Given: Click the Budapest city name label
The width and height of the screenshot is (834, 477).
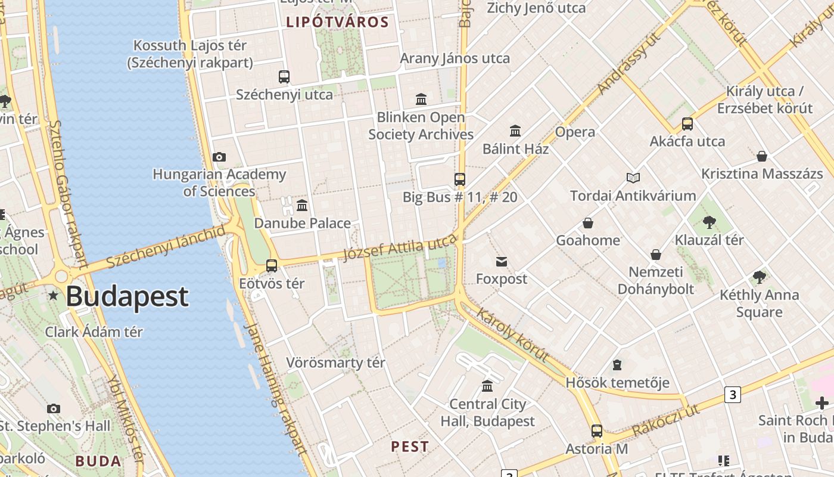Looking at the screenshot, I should pyautogui.click(x=127, y=296).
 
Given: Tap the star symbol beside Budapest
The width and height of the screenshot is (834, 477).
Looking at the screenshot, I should pyautogui.click(x=54, y=295).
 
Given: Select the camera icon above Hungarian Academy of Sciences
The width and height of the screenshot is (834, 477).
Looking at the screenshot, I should pyautogui.click(x=219, y=157).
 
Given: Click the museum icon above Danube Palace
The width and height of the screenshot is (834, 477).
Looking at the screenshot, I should pyautogui.click(x=302, y=206).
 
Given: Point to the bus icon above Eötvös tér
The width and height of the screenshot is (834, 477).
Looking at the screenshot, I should pyautogui.click(x=272, y=266).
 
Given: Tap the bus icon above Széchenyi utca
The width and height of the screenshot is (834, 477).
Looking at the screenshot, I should pyautogui.click(x=284, y=77).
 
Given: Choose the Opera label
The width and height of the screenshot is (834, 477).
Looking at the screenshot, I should pyautogui.click(x=575, y=132).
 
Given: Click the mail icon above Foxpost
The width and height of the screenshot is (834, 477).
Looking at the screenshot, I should pyautogui.click(x=502, y=261).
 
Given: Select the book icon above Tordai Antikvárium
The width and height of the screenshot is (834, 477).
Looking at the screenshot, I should pyautogui.click(x=633, y=178).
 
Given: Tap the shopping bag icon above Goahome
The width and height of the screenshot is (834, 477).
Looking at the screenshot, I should pyautogui.click(x=588, y=223).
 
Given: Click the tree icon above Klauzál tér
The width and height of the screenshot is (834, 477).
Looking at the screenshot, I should pyautogui.click(x=709, y=222).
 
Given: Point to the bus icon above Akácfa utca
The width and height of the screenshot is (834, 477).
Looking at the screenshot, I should pyautogui.click(x=687, y=124).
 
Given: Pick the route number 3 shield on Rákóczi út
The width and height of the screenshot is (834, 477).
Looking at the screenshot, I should pyautogui.click(x=733, y=394).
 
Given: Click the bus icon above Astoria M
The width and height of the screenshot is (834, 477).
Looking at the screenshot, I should pyautogui.click(x=597, y=431).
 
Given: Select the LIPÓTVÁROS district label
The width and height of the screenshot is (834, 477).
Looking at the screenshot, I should pyautogui.click(x=337, y=23).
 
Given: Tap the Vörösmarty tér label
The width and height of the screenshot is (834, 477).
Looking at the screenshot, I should pyautogui.click(x=335, y=363).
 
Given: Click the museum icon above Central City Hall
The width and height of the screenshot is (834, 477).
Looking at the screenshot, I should pyautogui.click(x=487, y=386).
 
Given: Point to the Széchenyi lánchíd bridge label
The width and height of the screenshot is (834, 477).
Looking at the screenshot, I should pyautogui.click(x=166, y=246).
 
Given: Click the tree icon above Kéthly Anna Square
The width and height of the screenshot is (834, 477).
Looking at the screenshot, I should pyautogui.click(x=759, y=277).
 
